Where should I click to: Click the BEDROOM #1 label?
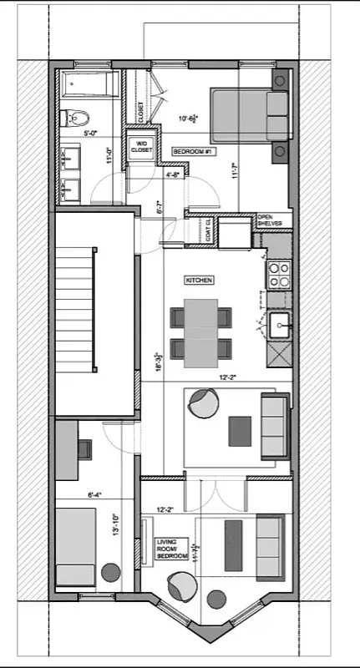tap(190, 150)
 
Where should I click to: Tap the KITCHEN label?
tap(199, 280)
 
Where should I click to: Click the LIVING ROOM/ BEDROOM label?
tap(170, 549)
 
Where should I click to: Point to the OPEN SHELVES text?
tap(270, 219)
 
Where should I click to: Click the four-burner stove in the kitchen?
tap(279, 274)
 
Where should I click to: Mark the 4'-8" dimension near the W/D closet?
tap(173, 175)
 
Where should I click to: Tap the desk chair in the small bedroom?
tap(87, 448)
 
